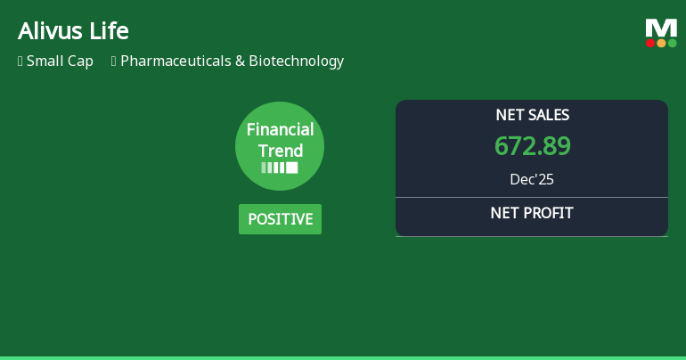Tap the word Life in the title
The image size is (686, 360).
[x=110, y=31]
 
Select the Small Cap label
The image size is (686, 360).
[x=60, y=61]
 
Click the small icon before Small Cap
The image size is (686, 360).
[x=20, y=61]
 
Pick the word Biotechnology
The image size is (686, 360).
[x=296, y=61]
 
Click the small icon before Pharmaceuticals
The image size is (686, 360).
[x=114, y=61]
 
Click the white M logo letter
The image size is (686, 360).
[x=661, y=28]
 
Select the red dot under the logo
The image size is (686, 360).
[x=650, y=43]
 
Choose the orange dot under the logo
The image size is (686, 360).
[x=661, y=43]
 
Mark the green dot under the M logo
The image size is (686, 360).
[x=672, y=43]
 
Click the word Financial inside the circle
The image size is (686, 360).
[x=280, y=130]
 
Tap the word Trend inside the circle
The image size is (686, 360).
[x=280, y=151]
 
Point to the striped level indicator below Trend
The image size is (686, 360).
[x=280, y=168]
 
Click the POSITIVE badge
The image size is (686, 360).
[x=280, y=219]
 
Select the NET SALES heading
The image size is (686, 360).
[x=532, y=115]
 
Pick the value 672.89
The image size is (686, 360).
[x=532, y=145]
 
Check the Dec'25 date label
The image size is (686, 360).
[x=532, y=179]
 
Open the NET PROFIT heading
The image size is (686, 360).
[x=532, y=213]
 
